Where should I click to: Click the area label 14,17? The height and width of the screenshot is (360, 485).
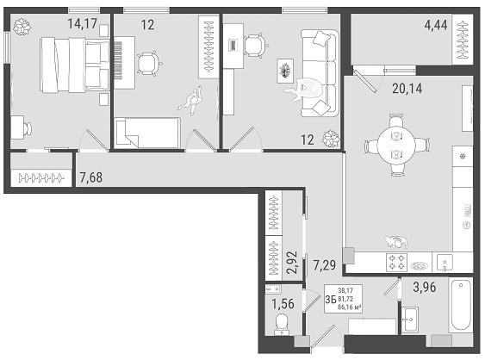(x=83, y=23)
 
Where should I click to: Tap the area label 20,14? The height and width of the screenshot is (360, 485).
(x=407, y=89)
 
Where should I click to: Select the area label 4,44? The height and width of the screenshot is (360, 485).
(x=436, y=25)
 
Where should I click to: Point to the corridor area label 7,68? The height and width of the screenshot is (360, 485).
(x=91, y=177)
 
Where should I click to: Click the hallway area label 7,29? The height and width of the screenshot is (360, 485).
(x=325, y=265)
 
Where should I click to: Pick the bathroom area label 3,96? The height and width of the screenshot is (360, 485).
(x=425, y=287)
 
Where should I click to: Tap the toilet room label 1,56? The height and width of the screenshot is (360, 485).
(x=283, y=304)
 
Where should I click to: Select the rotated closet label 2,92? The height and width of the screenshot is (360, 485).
(x=292, y=263)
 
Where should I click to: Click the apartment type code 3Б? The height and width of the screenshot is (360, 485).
(x=331, y=299)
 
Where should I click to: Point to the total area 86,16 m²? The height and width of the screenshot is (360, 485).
(x=350, y=307)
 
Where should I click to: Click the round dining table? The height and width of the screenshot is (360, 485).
(x=396, y=145)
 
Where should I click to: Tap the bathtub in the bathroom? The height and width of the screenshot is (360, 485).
(x=461, y=305)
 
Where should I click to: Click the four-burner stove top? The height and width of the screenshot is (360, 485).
(x=396, y=262)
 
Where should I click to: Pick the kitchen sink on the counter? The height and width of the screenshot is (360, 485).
(x=445, y=264)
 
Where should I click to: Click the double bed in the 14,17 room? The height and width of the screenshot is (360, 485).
(x=75, y=65)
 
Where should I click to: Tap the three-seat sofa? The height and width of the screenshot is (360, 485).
(x=319, y=73)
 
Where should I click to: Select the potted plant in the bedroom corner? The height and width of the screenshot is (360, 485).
(x=22, y=27)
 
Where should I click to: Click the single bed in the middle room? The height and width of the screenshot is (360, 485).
(x=147, y=133)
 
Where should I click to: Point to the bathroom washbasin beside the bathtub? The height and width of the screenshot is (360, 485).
(x=410, y=320)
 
